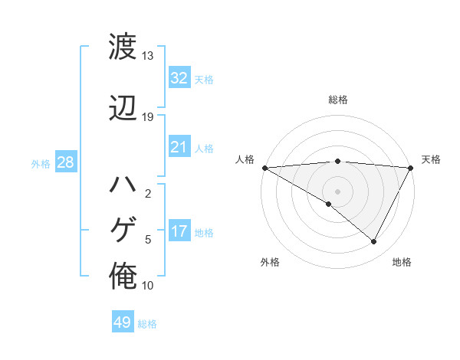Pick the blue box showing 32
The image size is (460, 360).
179,78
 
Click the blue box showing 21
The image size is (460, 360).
179,147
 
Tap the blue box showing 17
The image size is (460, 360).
179,231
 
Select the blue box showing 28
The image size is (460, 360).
65,163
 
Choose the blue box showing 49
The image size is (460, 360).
123,322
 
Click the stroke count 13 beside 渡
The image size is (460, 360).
147,56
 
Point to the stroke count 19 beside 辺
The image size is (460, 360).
147,117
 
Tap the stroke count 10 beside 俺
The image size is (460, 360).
147,286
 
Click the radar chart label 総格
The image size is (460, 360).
337,100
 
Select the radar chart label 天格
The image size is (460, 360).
431,159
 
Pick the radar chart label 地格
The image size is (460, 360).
402,262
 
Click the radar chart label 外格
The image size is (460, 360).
270,262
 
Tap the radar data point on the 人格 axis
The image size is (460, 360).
264,167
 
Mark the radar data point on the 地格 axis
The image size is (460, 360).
374,242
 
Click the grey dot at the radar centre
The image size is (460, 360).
337,190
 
